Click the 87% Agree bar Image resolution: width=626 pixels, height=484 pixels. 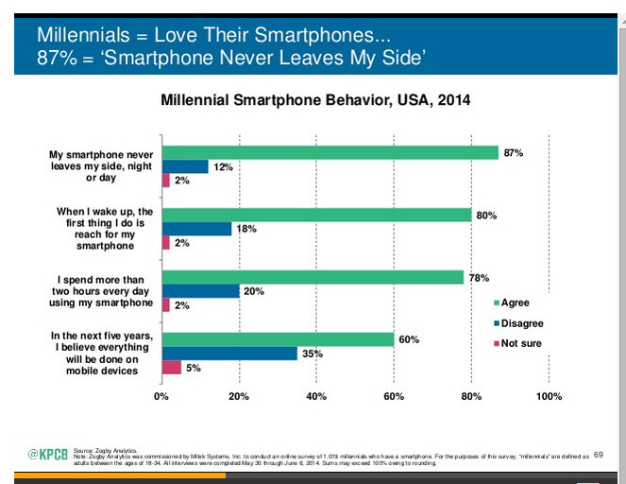click(x=330, y=152)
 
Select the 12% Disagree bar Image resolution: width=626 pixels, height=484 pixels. click(x=185, y=166)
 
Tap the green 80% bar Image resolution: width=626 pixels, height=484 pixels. click(x=316, y=215)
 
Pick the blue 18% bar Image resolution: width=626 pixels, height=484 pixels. click(x=196, y=229)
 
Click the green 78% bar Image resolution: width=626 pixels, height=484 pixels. click(x=313, y=277)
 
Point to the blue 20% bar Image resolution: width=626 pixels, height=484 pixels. click(x=200, y=291)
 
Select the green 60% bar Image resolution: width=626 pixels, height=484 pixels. click(x=278, y=339)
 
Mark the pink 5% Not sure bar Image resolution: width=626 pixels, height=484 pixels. click(x=171, y=368)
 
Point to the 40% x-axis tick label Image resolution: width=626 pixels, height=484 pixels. click(x=316, y=395)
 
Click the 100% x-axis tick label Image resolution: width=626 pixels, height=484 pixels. click(x=549, y=395)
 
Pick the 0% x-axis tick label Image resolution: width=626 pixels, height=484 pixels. click(x=161, y=395)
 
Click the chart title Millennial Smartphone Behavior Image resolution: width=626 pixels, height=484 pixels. click(x=315, y=99)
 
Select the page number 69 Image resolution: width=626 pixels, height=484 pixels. click(x=598, y=455)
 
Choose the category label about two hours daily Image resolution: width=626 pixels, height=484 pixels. click(x=105, y=291)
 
